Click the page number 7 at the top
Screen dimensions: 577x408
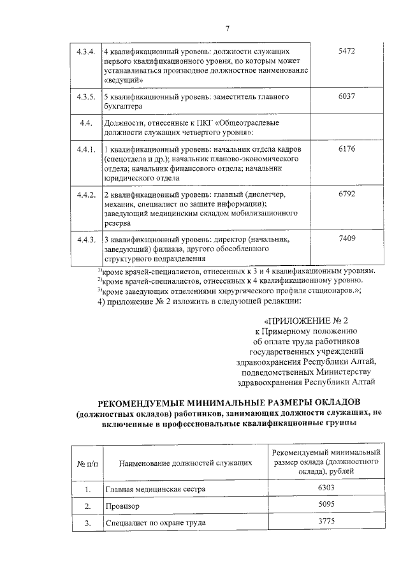click(x=227, y=28)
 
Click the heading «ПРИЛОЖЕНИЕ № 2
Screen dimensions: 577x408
click(x=307, y=321)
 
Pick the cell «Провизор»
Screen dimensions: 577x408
click(x=122, y=506)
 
